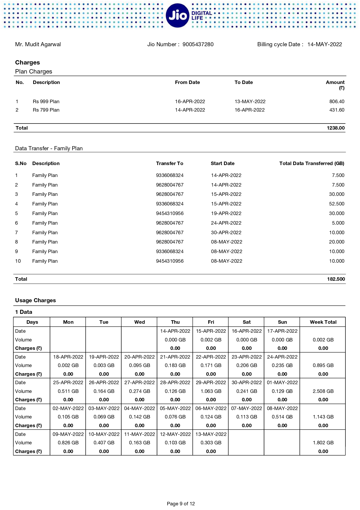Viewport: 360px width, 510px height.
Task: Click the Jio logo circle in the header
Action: pyautogui.click(x=177, y=15)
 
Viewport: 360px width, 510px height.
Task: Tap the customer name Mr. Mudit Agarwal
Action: pyautogui.click(x=38, y=44)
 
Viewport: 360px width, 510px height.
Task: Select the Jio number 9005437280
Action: pyautogui.click(x=198, y=44)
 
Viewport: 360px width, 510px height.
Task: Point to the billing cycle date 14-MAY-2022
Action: pyautogui.click(x=325, y=44)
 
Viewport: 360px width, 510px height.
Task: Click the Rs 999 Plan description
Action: pyautogui.click(x=46, y=101)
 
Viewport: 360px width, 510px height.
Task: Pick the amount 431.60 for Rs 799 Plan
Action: pyautogui.click(x=337, y=110)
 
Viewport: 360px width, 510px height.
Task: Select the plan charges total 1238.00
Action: pyautogui.click(x=336, y=128)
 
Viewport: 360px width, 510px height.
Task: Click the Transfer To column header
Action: pyautogui.click(x=170, y=163)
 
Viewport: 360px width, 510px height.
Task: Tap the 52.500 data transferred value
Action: pyautogui.click(x=336, y=204)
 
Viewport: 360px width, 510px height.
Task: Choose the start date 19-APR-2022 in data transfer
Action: pyautogui.click(x=226, y=213)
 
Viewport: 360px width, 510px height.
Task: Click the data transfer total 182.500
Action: pyautogui.click(x=336, y=279)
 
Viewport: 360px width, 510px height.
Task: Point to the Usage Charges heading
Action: pyautogui.click(x=35, y=300)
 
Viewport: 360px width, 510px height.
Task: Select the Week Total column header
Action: pyautogui.click(x=323, y=322)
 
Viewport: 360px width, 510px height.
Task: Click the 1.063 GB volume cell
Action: pyautogui.click(x=211, y=391)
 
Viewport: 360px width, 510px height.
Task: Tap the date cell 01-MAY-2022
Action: pyautogui.click(x=282, y=382)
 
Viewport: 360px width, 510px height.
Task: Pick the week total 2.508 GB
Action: pyautogui.click(x=323, y=391)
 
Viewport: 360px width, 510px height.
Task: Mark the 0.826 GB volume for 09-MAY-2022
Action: pyautogui.click(x=68, y=443)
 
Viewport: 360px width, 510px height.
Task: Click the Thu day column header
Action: pyautogui.click(x=175, y=322)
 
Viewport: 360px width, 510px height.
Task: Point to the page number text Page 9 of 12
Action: pyautogui.click(x=181, y=504)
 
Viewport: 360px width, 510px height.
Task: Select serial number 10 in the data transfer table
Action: pyautogui.click(x=18, y=261)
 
